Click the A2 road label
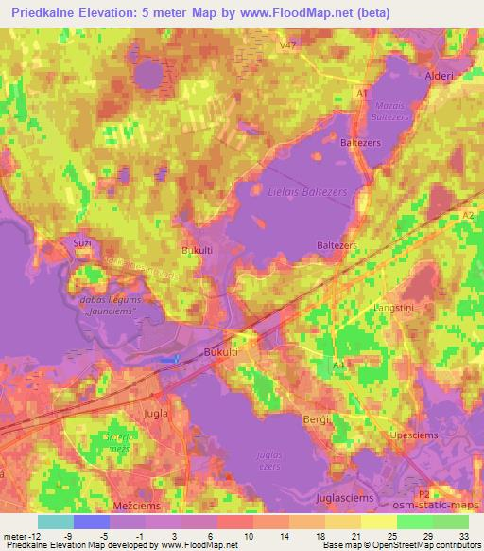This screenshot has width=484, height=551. coord(468,217)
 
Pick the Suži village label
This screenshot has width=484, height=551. coord(80,244)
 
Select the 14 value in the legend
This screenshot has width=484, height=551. coord(283,535)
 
